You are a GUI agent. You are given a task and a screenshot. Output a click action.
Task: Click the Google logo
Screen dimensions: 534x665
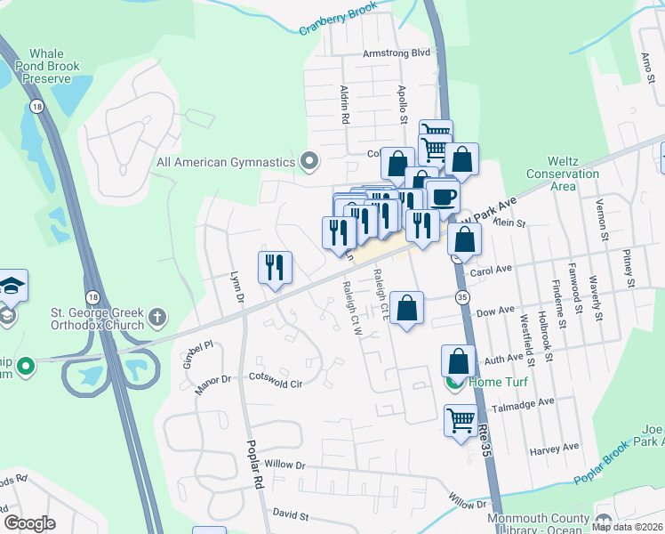29,523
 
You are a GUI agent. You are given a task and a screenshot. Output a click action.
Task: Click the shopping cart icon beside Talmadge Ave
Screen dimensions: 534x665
461,418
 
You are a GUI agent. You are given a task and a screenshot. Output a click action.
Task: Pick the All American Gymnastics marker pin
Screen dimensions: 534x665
309,162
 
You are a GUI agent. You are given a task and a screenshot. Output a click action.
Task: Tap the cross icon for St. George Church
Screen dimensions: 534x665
157,316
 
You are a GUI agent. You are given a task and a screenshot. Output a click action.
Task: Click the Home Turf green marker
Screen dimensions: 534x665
453,383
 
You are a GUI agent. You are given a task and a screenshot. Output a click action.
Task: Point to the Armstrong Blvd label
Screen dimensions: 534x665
396,53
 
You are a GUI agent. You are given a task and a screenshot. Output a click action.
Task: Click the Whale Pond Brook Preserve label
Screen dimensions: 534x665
54,67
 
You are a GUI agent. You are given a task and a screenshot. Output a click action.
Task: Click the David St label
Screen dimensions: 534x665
290,515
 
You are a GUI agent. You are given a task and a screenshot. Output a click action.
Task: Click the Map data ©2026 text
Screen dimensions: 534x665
627,527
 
